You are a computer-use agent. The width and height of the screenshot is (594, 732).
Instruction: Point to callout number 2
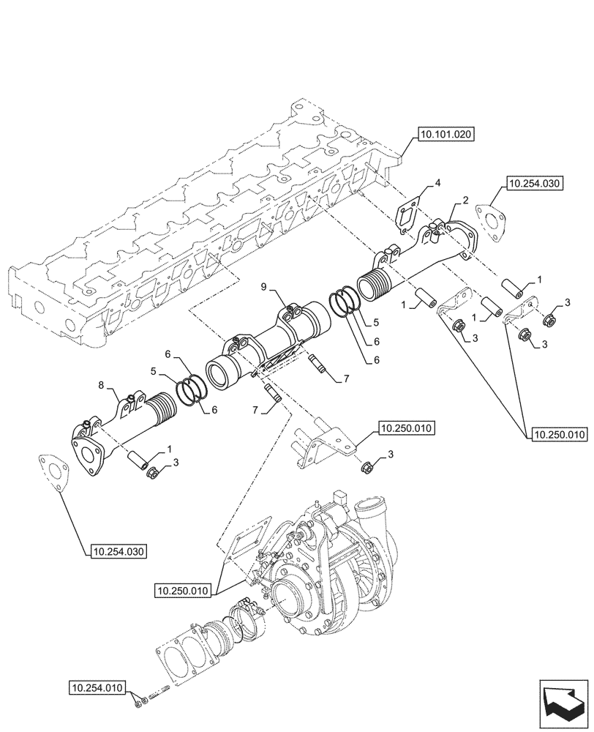[x=465, y=200]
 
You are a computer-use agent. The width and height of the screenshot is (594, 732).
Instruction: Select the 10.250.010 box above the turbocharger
[x=407, y=427]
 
